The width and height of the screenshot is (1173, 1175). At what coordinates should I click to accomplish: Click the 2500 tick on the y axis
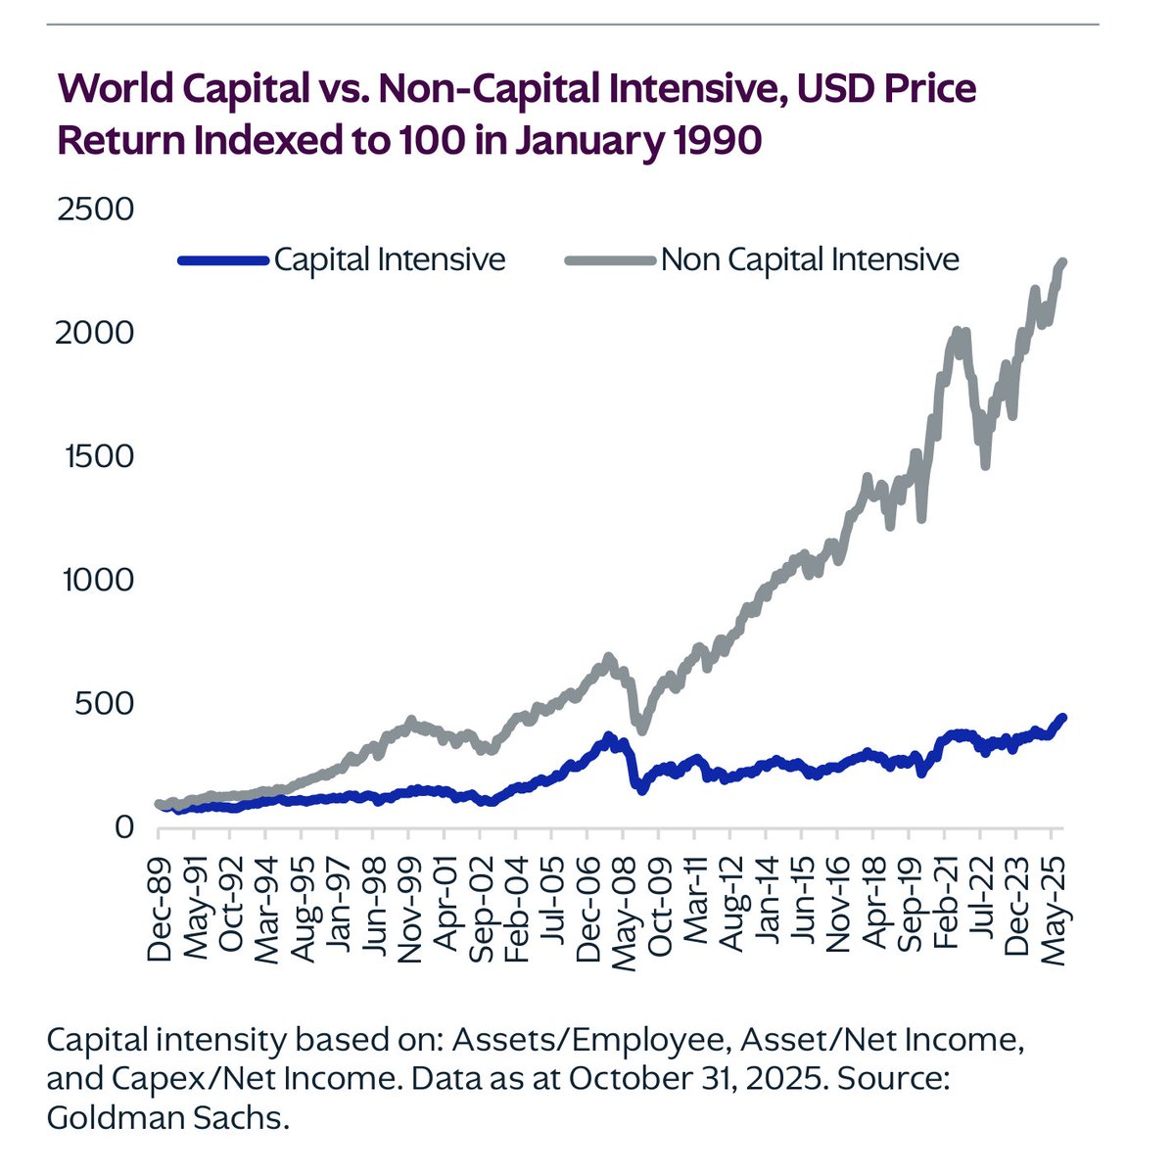(96, 210)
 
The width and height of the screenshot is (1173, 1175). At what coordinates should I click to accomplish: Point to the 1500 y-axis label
(96, 456)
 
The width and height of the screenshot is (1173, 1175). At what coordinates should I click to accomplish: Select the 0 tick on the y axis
(122, 826)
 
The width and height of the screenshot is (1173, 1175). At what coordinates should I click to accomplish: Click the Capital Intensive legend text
(390, 259)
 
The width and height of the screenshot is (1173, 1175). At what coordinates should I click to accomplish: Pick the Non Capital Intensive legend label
(810, 259)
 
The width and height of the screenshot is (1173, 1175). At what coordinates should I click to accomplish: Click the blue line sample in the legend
(223, 260)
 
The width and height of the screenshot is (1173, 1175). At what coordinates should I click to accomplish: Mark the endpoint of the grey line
(1063, 261)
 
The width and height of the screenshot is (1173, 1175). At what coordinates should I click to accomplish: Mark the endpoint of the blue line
(1063, 717)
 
